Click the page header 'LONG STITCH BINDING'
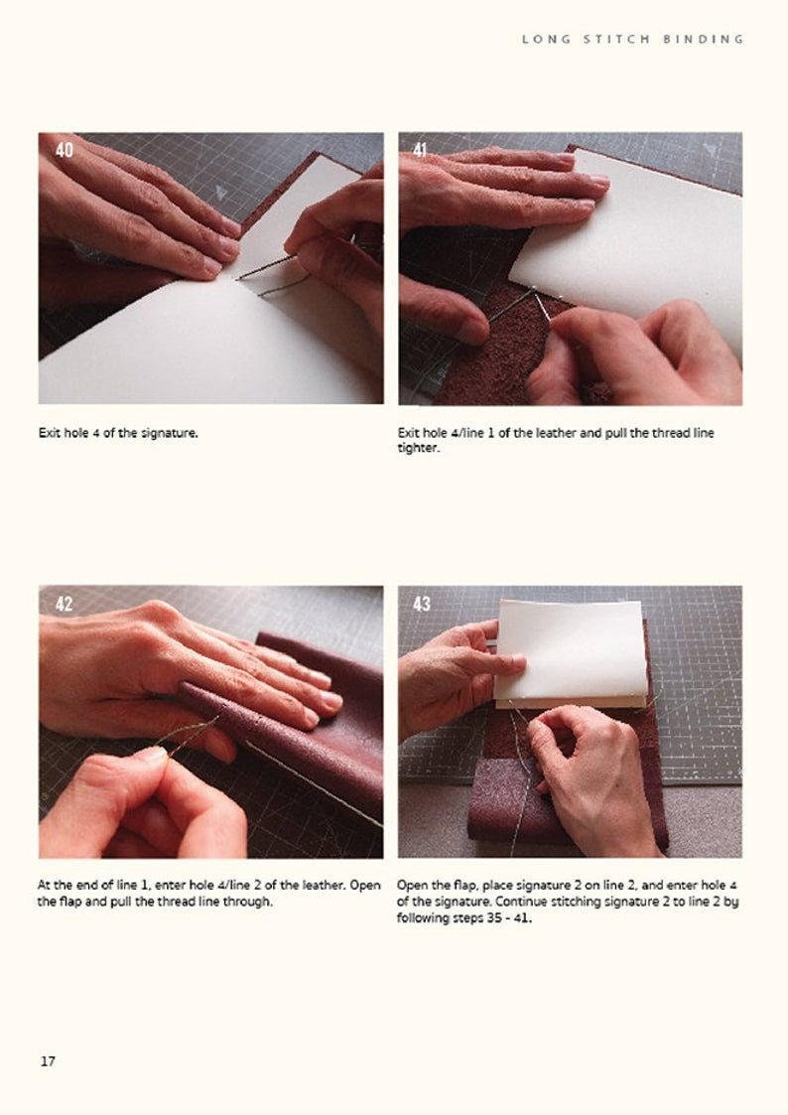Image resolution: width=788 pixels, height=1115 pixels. (632, 39)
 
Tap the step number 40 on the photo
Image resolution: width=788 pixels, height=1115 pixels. (65, 150)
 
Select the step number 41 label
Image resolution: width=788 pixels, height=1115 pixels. (421, 150)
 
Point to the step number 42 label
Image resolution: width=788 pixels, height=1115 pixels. (65, 604)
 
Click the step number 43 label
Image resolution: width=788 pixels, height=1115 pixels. (422, 604)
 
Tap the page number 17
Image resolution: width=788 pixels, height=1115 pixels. (48, 1061)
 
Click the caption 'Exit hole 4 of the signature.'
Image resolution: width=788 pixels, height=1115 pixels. (118, 433)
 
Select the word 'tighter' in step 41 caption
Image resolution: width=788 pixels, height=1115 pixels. (418, 448)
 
